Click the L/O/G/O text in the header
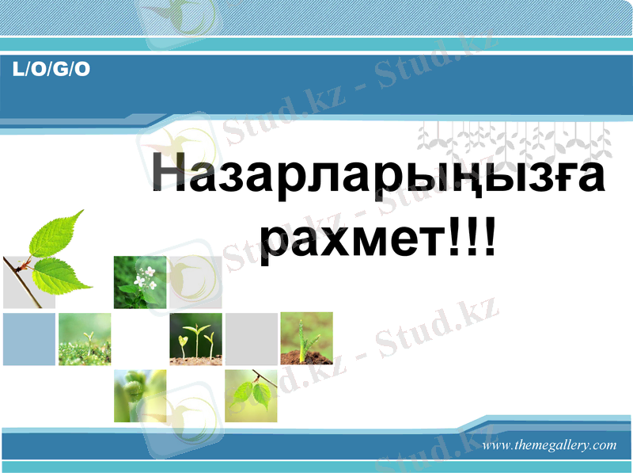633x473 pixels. (51, 70)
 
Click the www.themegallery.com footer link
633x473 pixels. (548, 445)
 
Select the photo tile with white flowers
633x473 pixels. (140, 282)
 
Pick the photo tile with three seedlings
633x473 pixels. (195, 338)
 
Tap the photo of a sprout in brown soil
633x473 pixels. (306, 338)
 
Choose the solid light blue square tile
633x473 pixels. (29, 338)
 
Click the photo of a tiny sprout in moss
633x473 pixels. (85, 338)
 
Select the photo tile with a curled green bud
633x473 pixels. (140, 395)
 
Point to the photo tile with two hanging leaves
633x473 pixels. (251, 395)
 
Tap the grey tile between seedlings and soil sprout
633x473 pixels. (251, 338)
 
